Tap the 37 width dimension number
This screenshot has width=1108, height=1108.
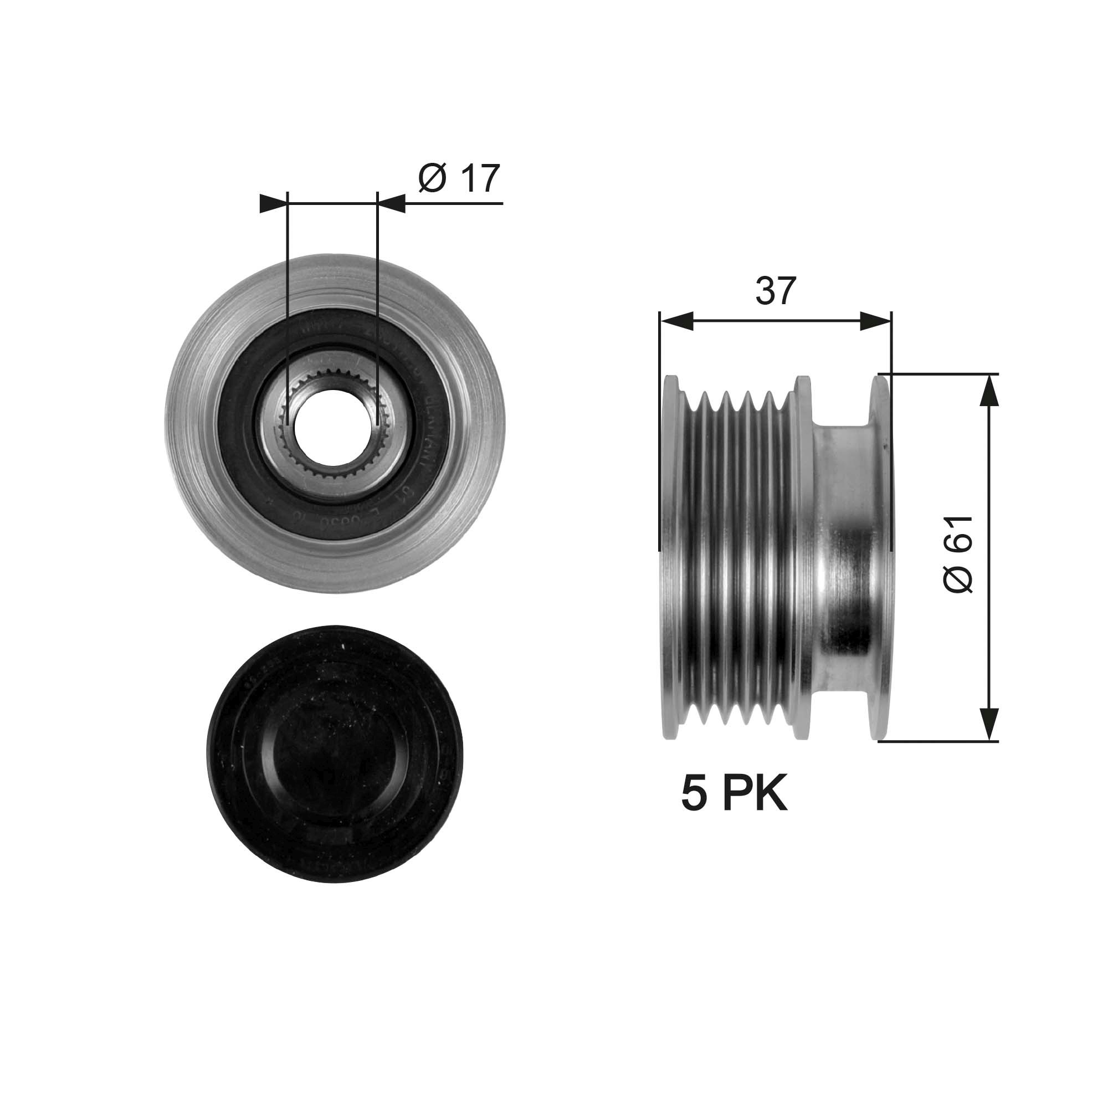776,291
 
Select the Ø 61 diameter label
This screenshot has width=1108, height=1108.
958,554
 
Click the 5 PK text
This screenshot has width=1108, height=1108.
734,794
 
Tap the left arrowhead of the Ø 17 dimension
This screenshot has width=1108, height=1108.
273,203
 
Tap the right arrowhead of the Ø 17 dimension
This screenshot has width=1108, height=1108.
391,203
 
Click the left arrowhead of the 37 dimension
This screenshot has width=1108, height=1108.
677,322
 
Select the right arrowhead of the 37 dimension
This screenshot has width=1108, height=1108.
875,322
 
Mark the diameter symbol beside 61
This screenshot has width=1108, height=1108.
958,578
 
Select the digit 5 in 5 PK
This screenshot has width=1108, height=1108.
694,794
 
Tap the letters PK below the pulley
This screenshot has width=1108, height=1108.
754,794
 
